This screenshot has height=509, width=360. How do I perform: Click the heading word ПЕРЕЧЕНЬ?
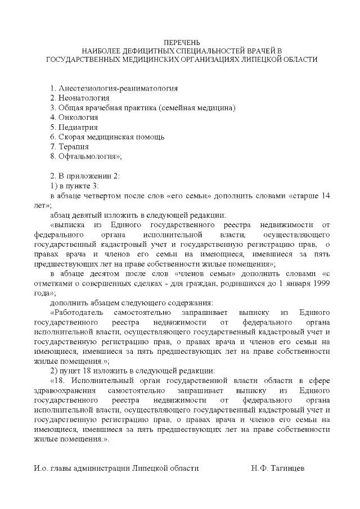tap(181, 43)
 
